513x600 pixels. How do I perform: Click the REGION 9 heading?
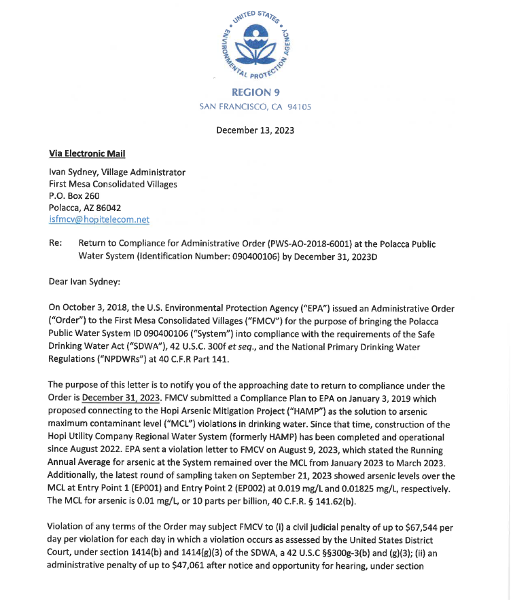[255, 92]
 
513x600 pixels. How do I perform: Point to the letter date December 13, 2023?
[255, 130]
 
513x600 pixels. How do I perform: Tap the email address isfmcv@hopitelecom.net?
[99, 219]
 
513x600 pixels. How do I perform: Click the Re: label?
[56, 243]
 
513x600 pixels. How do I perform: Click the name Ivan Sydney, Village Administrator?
[117, 172]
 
